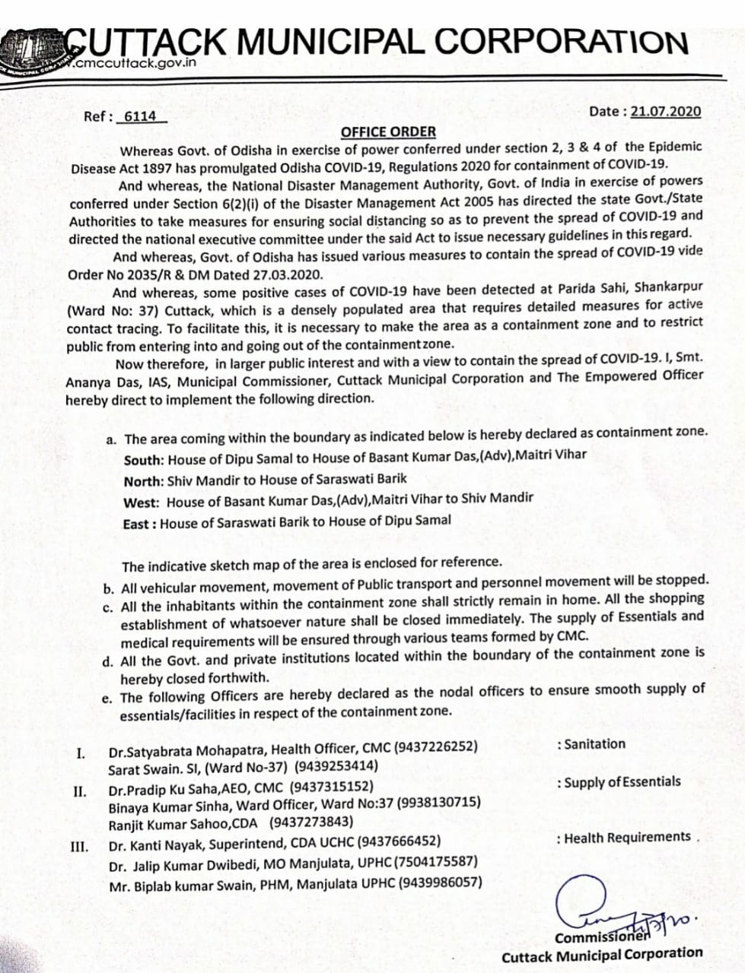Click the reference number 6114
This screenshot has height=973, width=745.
[x=139, y=116]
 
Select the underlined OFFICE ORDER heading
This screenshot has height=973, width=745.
[x=388, y=132]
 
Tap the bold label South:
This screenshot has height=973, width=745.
[x=144, y=459]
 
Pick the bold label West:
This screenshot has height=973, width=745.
[x=142, y=502]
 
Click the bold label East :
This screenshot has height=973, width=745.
[x=139, y=524]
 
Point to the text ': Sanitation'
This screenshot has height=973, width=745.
[x=591, y=744]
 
